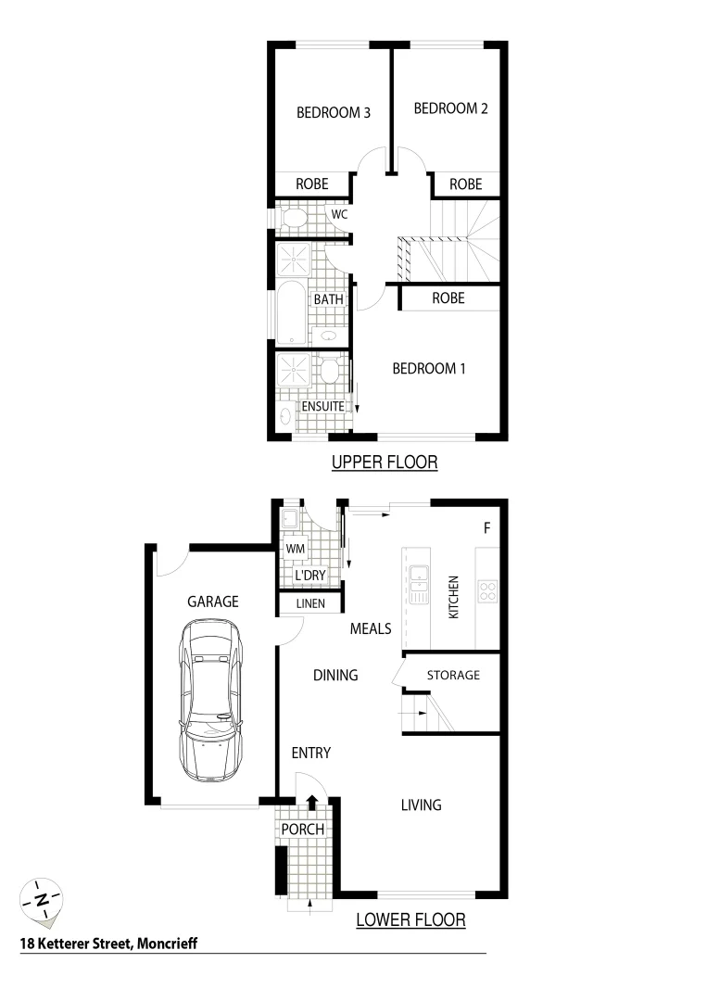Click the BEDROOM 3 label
(x=334, y=113)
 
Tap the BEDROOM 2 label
(x=450, y=108)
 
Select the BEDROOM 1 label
(x=429, y=369)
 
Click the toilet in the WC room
(x=295, y=220)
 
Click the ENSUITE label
(x=322, y=406)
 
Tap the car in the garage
(x=212, y=699)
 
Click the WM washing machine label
(x=296, y=549)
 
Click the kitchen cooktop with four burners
(x=486, y=589)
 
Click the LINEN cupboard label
(x=309, y=604)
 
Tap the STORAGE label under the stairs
(x=453, y=675)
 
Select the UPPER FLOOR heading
(x=384, y=462)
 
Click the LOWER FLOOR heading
(x=410, y=920)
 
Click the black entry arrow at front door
(x=312, y=803)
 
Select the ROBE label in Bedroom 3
(x=312, y=184)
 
